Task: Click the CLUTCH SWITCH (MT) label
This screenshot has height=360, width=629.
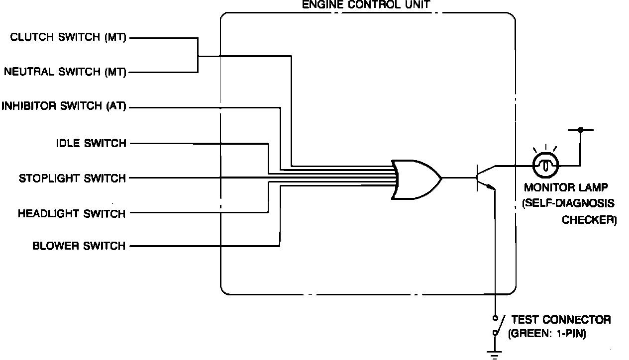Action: [x=69, y=38]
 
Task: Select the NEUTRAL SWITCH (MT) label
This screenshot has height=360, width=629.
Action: [x=65, y=72]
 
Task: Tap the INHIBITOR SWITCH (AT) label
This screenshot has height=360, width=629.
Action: [x=64, y=106]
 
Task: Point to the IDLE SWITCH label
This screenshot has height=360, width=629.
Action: [x=91, y=144]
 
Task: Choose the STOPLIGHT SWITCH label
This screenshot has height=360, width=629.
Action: [x=73, y=178]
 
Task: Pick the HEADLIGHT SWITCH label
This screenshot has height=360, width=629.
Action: [x=72, y=214]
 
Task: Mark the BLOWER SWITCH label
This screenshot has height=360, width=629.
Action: [x=79, y=246]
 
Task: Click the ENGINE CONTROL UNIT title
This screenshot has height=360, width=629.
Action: [x=366, y=6]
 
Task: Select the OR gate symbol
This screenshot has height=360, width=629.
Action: [x=416, y=179]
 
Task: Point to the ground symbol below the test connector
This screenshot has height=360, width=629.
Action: [x=495, y=354]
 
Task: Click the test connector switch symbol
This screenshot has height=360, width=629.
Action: [x=496, y=325]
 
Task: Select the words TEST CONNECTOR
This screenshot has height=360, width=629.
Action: [x=561, y=320]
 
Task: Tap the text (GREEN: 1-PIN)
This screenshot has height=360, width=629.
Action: [x=547, y=334]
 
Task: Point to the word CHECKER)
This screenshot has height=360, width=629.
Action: [x=589, y=219]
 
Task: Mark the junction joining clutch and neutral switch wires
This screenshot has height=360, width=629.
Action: [x=198, y=56]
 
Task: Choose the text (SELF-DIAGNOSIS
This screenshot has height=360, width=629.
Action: [x=568, y=203]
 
